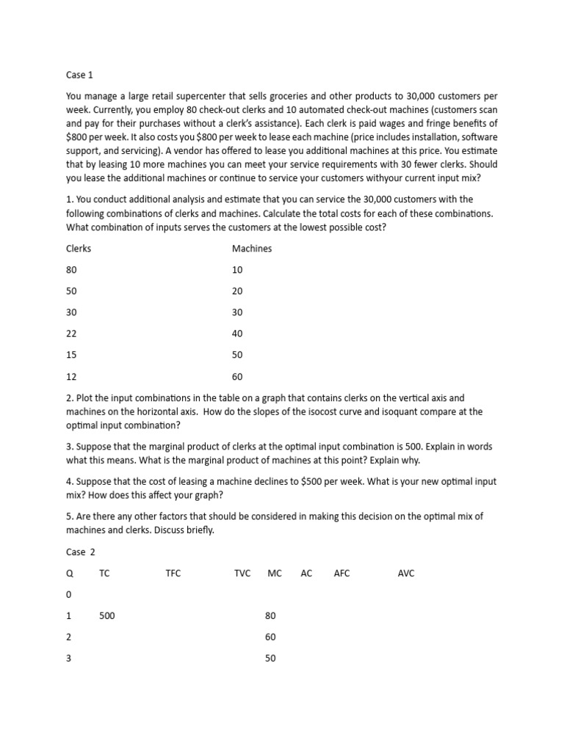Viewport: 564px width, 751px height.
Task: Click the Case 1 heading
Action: click(79, 75)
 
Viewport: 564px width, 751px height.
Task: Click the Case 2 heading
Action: click(81, 552)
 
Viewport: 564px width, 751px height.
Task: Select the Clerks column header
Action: click(79, 249)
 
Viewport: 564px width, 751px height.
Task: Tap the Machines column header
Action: click(252, 249)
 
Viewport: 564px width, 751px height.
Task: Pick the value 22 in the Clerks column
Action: click(71, 334)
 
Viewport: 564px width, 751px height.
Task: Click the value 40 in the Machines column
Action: click(238, 334)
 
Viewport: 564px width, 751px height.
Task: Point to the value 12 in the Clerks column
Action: click(71, 376)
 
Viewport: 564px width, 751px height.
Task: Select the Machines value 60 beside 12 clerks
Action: click(238, 376)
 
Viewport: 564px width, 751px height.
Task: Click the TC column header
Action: click(104, 573)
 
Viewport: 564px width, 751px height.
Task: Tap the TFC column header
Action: click(173, 573)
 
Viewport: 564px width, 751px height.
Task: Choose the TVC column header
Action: click(242, 573)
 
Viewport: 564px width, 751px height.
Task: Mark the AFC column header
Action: click(341, 573)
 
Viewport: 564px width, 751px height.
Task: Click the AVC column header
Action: click(406, 573)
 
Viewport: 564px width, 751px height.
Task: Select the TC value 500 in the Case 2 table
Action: click(107, 616)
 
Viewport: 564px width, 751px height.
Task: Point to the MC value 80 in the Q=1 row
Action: click(270, 616)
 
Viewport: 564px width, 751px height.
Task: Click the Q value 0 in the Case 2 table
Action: click(69, 595)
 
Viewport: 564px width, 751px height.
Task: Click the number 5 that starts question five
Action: click(69, 517)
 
